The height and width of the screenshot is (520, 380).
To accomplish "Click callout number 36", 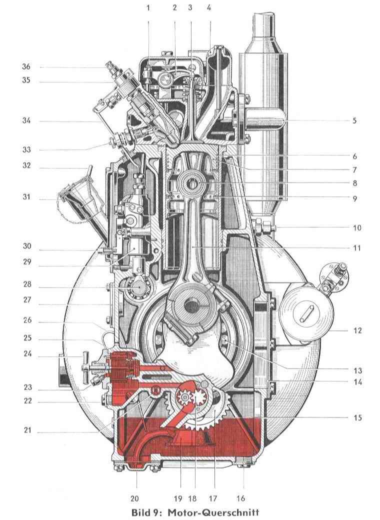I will (x=26, y=67).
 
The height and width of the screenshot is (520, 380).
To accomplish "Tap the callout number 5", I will (x=354, y=120).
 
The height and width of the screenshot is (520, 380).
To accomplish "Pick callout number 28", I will (x=26, y=284).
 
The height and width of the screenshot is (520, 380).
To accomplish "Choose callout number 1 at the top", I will (x=148, y=7).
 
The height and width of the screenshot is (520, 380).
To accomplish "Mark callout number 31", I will (x=26, y=197).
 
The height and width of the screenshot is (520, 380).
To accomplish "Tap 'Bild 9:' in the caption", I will (x=148, y=512).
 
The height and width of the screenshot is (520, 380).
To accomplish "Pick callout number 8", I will (x=354, y=183).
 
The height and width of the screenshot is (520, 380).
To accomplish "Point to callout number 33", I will (x=26, y=149).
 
